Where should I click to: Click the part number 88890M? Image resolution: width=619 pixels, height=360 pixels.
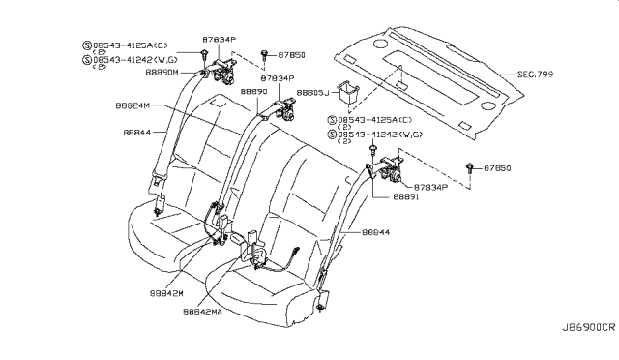179,73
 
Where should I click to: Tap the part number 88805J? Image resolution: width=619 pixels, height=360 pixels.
313,94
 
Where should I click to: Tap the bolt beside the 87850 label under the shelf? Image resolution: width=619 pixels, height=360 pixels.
472,167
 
